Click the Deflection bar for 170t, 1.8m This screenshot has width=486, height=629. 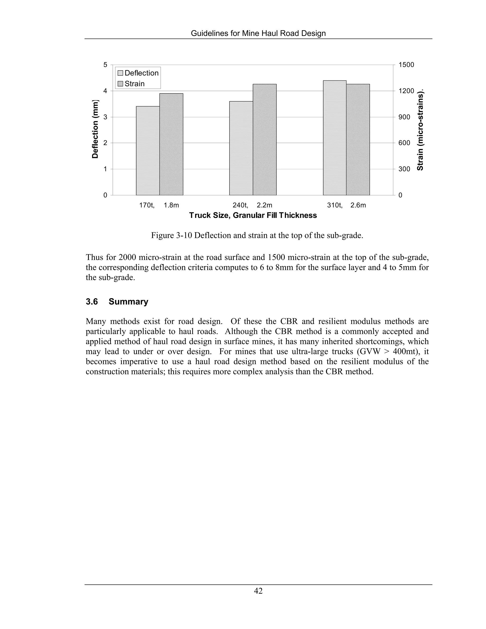click(x=148, y=151)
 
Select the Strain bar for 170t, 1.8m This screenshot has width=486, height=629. click(x=171, y=144)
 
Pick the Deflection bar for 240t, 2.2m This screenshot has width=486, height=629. click(x=241, y=148)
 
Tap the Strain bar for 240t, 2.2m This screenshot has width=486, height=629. click(x=265, y=140)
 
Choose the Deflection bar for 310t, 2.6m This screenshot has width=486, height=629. click(x=335, y=138)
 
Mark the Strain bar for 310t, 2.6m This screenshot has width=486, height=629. click(x=358, y=140)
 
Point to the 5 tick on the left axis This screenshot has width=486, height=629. click(x=105, y=65)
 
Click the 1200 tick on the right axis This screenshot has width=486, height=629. click(x=406, y=91)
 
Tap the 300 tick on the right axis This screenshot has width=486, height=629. click(x=404, y=169)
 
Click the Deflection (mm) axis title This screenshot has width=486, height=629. click(x=95, y=129)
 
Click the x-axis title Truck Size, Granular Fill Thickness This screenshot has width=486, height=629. click(x=253, y=216)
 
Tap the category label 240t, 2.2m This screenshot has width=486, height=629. click(x=252, y=205)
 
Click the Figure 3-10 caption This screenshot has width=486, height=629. click(x=257, y=236)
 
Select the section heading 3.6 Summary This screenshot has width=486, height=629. click(x=117, y=301)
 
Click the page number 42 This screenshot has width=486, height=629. click(x=258, y=591)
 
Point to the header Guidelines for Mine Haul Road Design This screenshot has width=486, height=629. click(x=258, y=33)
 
